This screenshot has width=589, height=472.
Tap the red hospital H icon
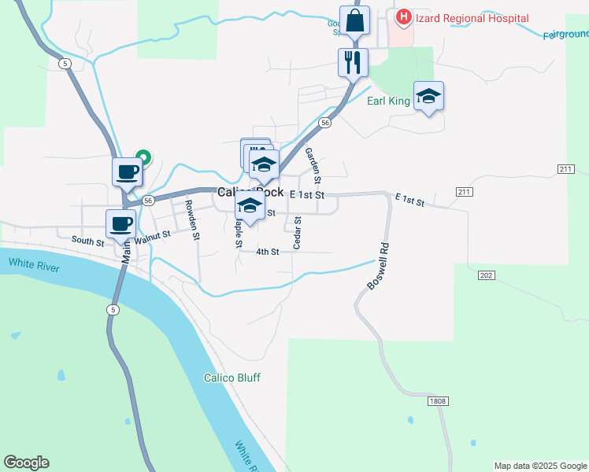[404, 17]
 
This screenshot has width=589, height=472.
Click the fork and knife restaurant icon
[353, 62]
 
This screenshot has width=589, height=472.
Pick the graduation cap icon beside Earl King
[428, 96]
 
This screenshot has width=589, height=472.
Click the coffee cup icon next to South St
[120, 223]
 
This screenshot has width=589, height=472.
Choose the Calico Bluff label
[232, 378]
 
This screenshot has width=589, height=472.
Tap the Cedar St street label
[298, 234]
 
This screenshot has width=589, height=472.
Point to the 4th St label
[268, 252]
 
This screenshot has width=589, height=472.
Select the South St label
[87, 241]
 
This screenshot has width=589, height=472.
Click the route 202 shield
[486, 275]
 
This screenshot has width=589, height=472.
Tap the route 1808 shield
[438, 401]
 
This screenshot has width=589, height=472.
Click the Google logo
[26, 463]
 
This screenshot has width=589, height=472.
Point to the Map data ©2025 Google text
[540, 466]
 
